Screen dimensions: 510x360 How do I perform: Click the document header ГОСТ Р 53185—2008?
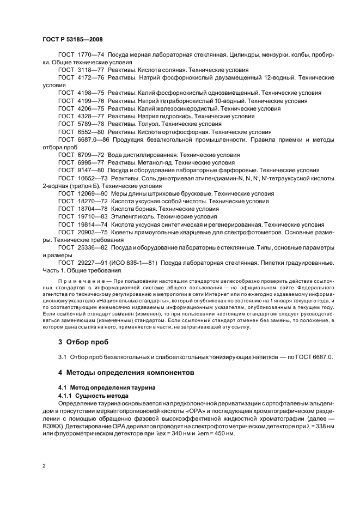[72, 40]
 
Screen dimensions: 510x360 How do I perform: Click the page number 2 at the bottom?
[44, 466]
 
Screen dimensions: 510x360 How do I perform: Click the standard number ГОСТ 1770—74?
[80, 56]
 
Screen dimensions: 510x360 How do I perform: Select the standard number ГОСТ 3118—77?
[80, 70]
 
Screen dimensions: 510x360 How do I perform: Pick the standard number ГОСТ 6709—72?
[80, 155]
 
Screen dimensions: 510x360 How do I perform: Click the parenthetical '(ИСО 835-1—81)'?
[132, 263]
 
